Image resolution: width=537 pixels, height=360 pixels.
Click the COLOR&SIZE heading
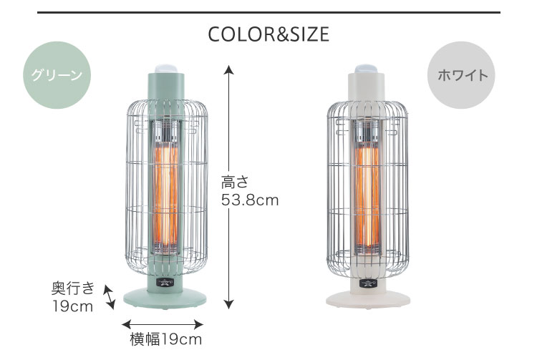[x=268, y=34]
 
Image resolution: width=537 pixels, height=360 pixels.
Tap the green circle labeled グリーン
[x=57, y=75]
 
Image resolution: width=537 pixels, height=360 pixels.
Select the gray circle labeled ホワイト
[x=461, y=75]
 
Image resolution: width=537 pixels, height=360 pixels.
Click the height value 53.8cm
[x=250, y=200]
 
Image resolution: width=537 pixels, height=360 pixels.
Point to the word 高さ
[x=234, y=182]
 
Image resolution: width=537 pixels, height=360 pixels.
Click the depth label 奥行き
[x=72, y=288]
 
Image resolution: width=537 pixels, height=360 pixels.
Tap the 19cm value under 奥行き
[x=72, y=306]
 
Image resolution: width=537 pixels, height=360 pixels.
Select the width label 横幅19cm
[x=166, y=339]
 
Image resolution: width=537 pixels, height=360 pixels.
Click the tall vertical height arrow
[x=229, y=188]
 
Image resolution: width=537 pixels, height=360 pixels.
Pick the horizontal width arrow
[x=163, y=324]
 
